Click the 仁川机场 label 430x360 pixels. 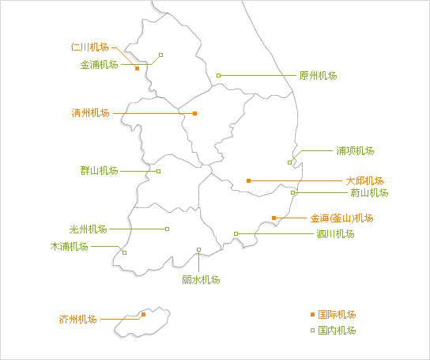(89, 47)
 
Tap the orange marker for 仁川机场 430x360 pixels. (137, 68)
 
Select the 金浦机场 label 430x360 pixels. (99, 65)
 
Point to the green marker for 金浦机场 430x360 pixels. (161, 55)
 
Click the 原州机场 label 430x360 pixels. (318, 75)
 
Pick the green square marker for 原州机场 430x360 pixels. (219, 75)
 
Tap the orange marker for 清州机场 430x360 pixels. (194, 113)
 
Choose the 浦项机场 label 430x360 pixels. (355, 151)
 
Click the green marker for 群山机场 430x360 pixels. (159, 171)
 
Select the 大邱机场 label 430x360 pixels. (364, 181)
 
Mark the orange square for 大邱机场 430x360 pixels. (248, 180)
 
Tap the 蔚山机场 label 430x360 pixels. (369, 193)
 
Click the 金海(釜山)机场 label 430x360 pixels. (341, 218)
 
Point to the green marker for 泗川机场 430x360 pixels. (236, 233)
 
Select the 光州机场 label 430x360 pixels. (88, 229)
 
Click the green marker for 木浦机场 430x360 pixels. (125, 252)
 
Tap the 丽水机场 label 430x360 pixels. (201, 280)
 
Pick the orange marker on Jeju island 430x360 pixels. (143, 314)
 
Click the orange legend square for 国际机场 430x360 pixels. (312, 314)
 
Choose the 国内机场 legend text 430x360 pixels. (337, 330)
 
